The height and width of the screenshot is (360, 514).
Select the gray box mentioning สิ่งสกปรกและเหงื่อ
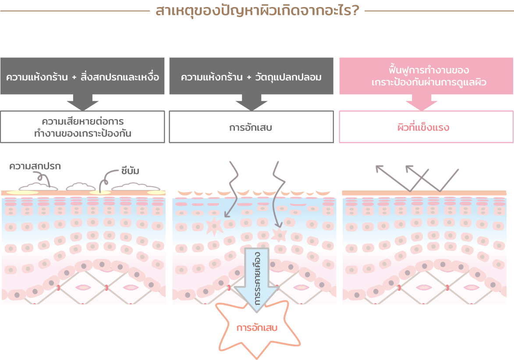(x=82, y=76)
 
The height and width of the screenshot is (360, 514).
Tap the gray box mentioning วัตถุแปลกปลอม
(x=251, y=76)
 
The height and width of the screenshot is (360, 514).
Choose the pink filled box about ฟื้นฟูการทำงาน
(x=425, y=76)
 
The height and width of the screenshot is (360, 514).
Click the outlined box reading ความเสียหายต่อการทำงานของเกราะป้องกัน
(x=82, y=127)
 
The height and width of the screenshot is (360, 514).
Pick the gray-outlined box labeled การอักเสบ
(x=251, y=127)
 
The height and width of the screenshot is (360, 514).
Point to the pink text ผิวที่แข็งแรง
(x=423, y=128)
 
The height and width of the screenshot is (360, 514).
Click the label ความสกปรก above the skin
(x=34, y=166)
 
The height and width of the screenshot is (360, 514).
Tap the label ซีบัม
(x=130, y=170)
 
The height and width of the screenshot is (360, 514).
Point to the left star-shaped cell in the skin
(x=214, y=226)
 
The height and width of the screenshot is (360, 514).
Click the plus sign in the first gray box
(x=74, y=78)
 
